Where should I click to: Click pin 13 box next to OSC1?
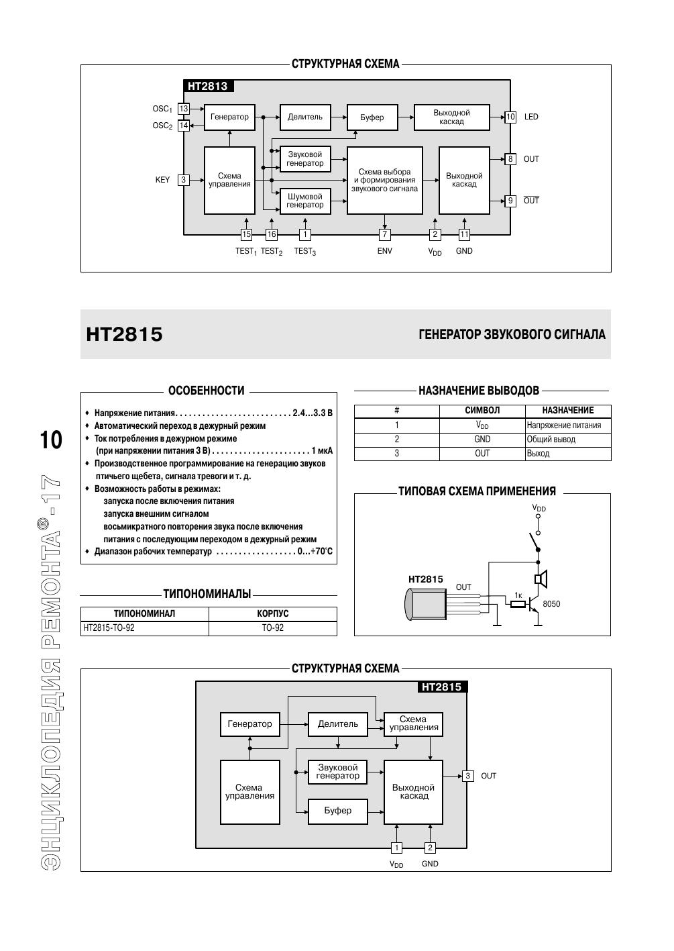click(x=184, y=109)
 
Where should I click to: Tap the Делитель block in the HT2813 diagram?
click(x=305, y=117)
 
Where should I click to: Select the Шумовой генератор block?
click(x=305, y=201)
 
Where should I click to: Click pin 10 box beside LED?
click(x=510, y=117)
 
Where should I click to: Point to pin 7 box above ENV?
click(x=384, y=234)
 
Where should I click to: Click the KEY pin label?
click(x=163, y=180)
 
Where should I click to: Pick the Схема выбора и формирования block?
click(x=384, y=180)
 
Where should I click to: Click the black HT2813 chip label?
click(x=208, y=86)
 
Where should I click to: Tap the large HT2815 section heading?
click(x=125, y=334)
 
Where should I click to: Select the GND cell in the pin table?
click(x=482, y=440)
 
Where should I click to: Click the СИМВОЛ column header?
click(x=482, y=411)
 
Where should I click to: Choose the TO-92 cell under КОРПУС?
click(x=272, y=628)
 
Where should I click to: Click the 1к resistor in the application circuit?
click(x=518, y=604)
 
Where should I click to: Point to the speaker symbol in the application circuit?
click(x=541, y=579)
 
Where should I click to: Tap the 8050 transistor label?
click(x=551, y=604)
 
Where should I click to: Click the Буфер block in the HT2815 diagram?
click(x=337, y=811)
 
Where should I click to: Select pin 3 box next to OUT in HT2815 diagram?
click(x=468, y=776)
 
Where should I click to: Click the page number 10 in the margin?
click(x=51, y=440)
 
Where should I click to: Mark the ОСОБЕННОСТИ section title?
click(x=206, y=391)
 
